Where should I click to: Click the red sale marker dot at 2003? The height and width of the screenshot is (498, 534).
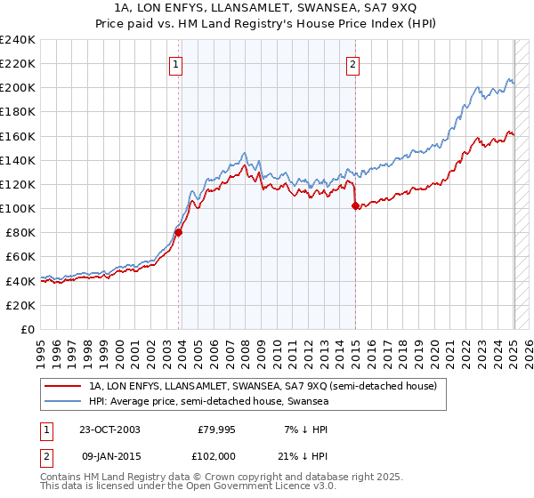point(178,233)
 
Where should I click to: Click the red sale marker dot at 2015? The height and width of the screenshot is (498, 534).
point(356,206)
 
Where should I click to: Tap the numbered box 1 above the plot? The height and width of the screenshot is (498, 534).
point(175,64)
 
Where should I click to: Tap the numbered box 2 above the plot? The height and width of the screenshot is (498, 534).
point(353,64)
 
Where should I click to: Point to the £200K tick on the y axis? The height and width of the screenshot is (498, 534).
point(18,88)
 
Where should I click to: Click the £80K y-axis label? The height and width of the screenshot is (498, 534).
point(20,232)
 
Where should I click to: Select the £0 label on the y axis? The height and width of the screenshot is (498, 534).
point(28,329)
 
